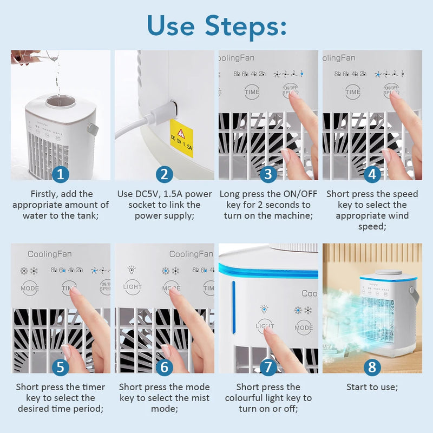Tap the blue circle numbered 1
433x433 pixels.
click(61, 174)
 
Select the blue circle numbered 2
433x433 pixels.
click(164, 174)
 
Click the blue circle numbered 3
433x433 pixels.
click(268, 174)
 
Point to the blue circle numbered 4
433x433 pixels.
click(372, 174)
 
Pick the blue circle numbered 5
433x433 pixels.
click(61, 368)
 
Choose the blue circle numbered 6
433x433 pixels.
click(164, 368)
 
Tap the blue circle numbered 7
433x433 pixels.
click(268, 368)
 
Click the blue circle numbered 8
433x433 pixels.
click(372, 368)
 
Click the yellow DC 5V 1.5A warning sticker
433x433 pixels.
click(181, 139)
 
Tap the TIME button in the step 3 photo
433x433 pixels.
click(252, 92)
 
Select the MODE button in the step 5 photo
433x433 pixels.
click(30, 288)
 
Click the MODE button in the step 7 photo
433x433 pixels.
click(304, 327)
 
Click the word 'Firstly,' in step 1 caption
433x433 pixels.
click(47, 194)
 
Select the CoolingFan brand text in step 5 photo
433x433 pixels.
click(49, 254)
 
